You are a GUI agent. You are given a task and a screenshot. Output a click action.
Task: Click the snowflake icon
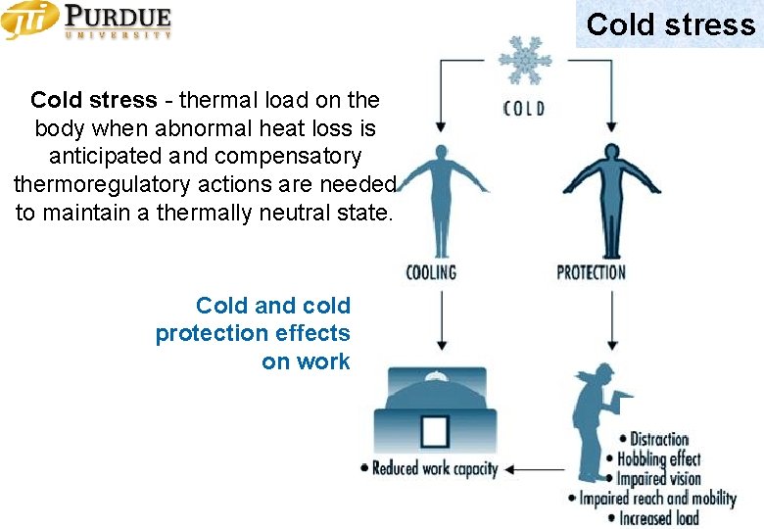[525, 62]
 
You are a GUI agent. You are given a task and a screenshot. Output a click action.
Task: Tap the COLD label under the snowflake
[524, 107]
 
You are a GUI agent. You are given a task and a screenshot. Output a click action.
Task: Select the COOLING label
[432, 271]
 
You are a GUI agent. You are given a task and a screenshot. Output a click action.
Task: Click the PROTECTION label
[591, 271]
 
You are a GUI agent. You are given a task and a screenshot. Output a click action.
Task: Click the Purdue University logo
[87, 21]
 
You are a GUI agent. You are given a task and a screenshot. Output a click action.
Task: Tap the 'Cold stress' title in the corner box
[670, 24]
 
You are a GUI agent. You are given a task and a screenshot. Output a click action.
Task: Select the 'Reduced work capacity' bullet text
[434, 469]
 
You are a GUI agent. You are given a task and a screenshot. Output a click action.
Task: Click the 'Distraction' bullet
[658, 440]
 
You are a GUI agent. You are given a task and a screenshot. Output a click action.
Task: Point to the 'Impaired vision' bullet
[658, 478]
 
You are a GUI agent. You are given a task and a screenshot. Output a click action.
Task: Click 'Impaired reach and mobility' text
[657, 498]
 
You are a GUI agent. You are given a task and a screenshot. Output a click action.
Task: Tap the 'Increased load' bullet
[658, 517]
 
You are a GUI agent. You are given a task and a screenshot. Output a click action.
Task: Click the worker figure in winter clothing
[596, 431]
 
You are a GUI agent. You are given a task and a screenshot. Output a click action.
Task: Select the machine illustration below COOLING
[435, 411]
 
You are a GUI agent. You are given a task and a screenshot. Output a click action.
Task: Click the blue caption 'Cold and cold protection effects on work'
[253, 333]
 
